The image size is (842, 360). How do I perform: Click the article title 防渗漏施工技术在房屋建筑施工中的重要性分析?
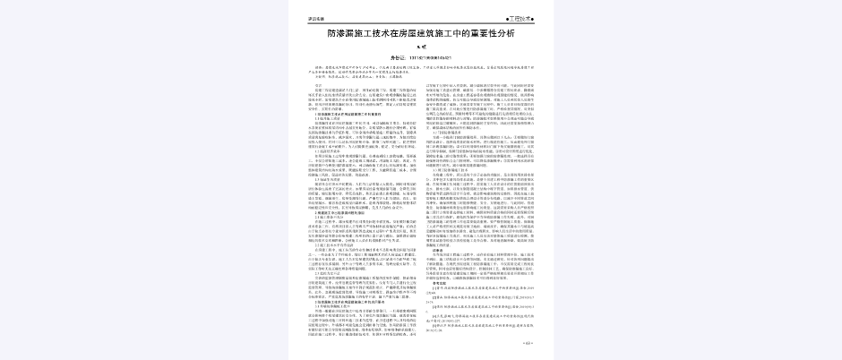click(x=420, y=34)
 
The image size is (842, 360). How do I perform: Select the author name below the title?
click(x=420, y=47)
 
